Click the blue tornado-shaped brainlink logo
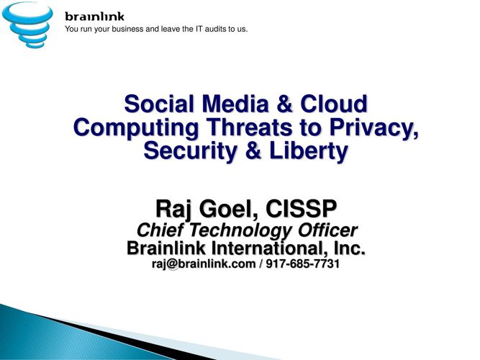tap(27, 24)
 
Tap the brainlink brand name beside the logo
tap(94, 17)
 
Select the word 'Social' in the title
tap(159, 104)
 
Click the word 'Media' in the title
tap(235, 104)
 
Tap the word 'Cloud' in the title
tap(334, 104)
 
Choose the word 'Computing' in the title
tap(136, 127)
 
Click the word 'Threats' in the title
tap(250, 127)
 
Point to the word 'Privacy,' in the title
tap(373, 127)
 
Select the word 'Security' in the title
tap(190, 151)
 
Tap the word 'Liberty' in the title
tap(309, 151)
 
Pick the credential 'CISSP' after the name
tap(301, 208)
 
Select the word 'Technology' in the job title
tap(240, 230)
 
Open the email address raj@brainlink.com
tap(204, 264)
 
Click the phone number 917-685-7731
tap(302, 264)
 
